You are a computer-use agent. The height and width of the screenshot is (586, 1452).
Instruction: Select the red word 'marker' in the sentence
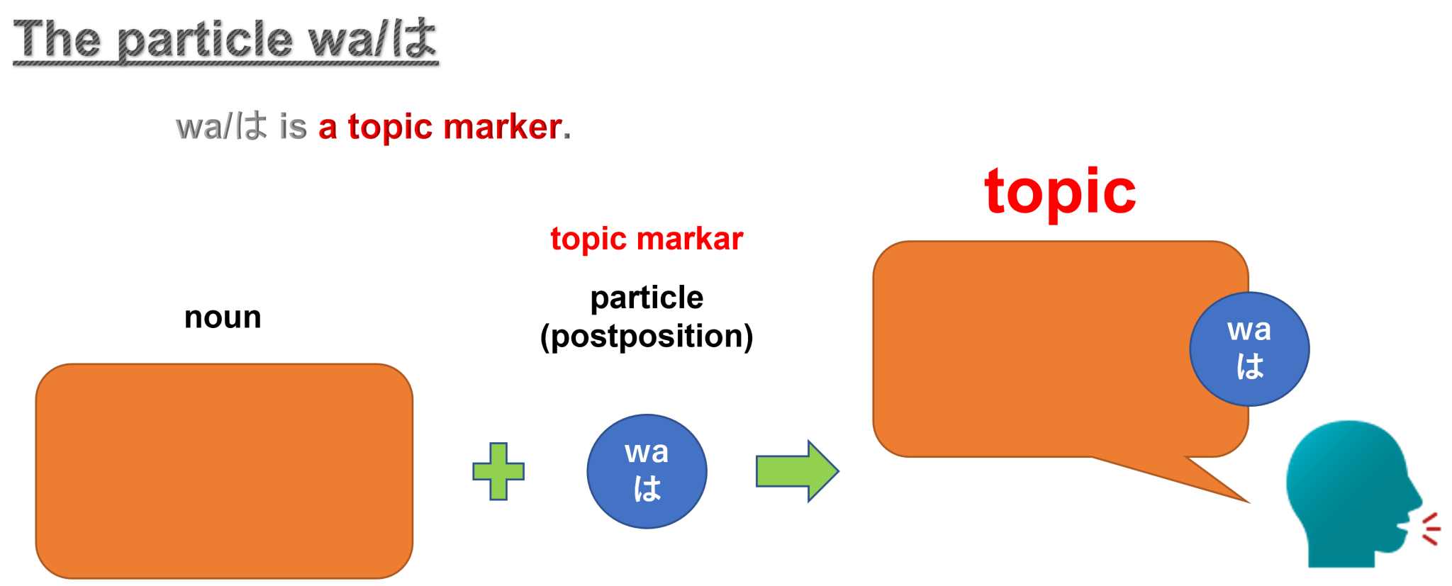[x=502, y=128]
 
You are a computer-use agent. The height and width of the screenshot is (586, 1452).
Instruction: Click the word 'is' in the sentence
[x=293, y=128]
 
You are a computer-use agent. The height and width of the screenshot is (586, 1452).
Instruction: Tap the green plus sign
[x=498, y=471]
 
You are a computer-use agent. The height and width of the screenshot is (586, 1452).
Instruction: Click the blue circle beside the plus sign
[x=647, y=471]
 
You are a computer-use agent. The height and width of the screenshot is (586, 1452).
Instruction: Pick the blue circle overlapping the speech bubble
[x=1249, y=349]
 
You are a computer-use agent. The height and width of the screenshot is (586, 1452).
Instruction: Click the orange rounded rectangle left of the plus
[x=224, y=471]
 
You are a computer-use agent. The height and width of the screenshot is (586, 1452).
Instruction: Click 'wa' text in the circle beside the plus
[x=646, y=452]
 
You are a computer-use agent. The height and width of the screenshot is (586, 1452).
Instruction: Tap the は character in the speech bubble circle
[x=1249, y=366]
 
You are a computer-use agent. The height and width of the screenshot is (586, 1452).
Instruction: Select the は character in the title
[x=415, y=38]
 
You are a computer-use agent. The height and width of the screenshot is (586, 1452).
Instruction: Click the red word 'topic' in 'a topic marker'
[x=389, y=128]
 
